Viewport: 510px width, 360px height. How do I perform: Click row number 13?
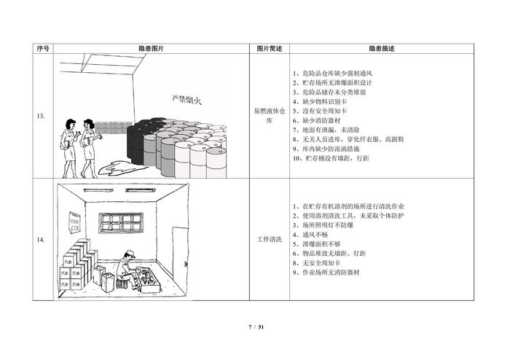pyautogui.click(x=42, y=116)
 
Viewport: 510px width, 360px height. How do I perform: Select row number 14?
pyautogui.click(x=42, y=239)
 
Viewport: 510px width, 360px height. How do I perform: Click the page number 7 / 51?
pyautogui.click(x=255, y=326)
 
